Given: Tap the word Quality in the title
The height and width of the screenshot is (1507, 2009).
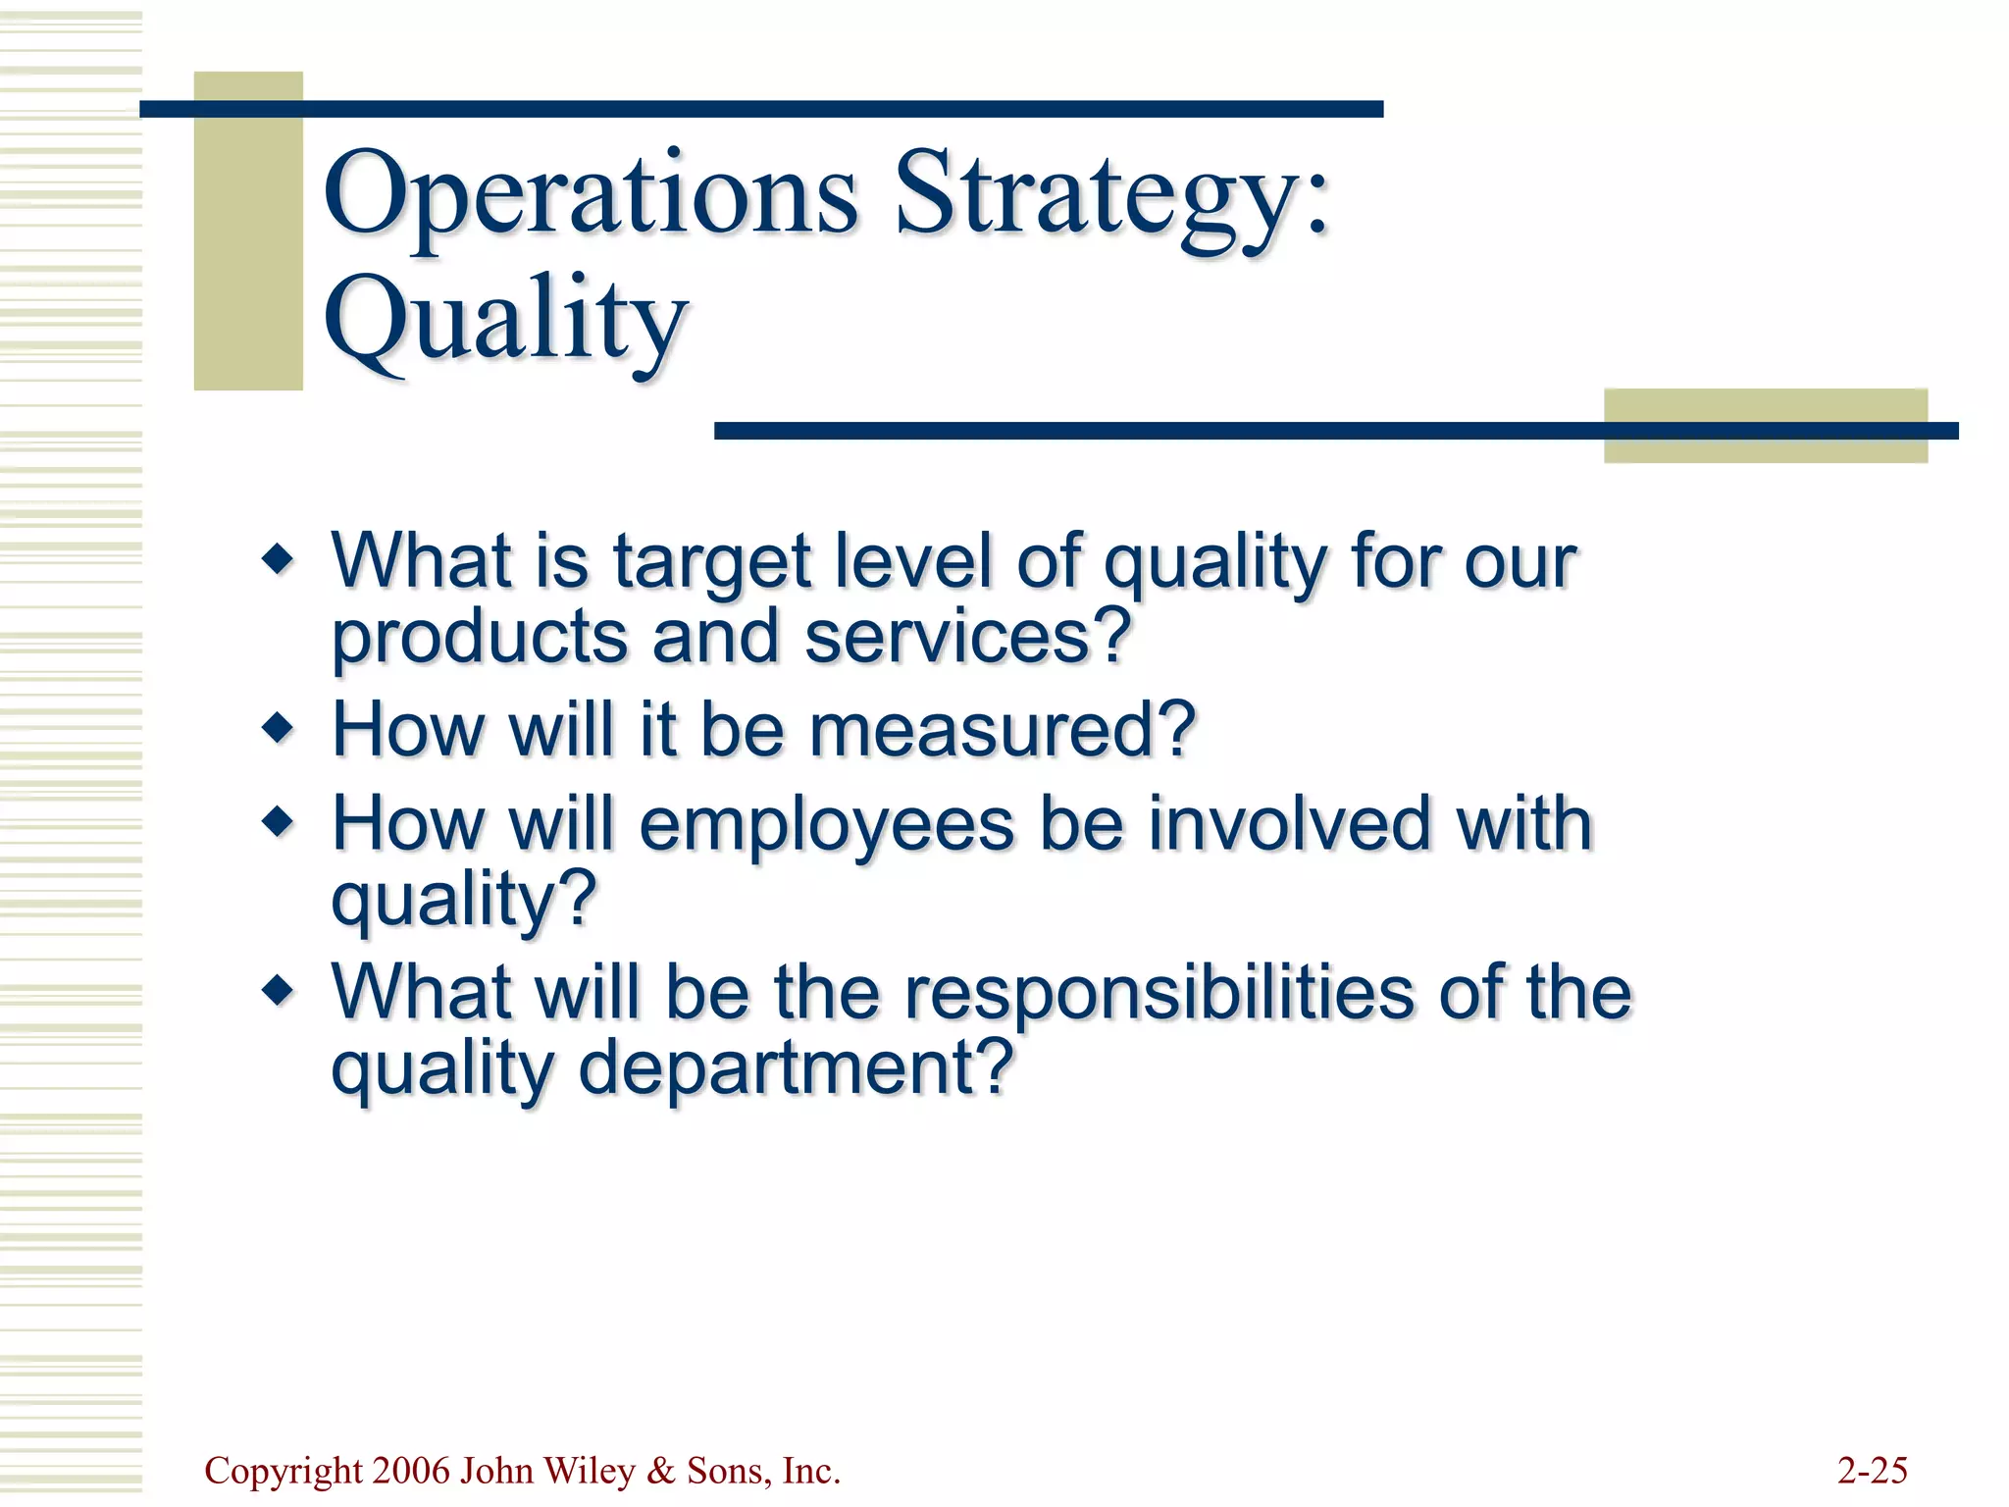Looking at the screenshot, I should (505, 319).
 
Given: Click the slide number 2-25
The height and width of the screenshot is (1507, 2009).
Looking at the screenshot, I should (1872, 1471).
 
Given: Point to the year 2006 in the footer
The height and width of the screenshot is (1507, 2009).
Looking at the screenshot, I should (412, 1471).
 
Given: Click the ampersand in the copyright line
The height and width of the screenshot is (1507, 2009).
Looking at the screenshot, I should (661, 1471).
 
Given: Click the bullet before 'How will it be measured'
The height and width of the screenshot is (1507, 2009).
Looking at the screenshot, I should (279, 728).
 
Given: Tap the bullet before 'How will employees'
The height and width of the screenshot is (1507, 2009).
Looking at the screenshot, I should (279, 821).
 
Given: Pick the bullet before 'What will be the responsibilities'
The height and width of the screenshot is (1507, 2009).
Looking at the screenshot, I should (279, 990).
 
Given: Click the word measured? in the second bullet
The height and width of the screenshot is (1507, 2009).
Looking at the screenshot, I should (1002, 730).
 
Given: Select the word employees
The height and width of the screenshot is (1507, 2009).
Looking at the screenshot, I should (827, 824).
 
